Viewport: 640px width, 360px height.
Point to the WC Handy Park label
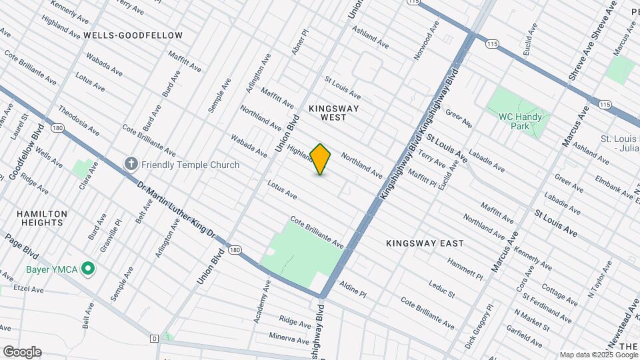pyautogui.click(x=523, y=121)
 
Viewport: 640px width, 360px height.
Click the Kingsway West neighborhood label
pyautogui.click(x=334, y=112)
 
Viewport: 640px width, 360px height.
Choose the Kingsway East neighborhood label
pyautogui.click(x=425, y=244)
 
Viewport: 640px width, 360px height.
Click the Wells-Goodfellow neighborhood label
pyautogui.click(x=133, y=35)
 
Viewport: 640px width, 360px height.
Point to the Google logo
pyautogui.click(x=22, y=352)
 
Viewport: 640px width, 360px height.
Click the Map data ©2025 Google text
pyautogui.click(x=598, y=355)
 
